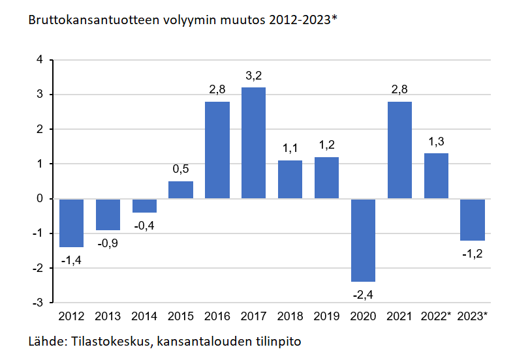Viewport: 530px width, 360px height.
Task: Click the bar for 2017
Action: coord(254,143)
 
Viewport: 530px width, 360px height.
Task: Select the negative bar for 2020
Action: coord(364,240)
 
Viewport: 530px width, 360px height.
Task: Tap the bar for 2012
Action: coord(71,223)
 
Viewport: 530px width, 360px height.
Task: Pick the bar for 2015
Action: coord(181,190)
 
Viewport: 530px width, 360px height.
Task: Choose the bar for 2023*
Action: coord(473,220)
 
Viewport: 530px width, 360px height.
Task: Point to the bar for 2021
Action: coord(399,150)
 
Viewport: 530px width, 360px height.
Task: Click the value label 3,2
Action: coord(254,77)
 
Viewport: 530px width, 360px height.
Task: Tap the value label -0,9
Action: coord(108,244)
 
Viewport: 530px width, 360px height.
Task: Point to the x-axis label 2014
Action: coord(144,316)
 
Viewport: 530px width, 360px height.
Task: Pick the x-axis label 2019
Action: coord(326,316)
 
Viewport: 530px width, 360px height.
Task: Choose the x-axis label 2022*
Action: coord(436,316)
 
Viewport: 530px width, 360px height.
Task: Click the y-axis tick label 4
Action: coord(40,60)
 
